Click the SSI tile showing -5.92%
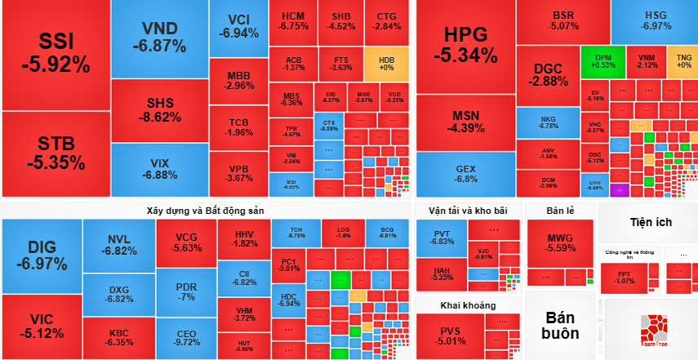tap(55, 52)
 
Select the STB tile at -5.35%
tap(55, 153)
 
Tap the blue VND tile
tap(158, 37)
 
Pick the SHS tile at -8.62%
tap(158, 109)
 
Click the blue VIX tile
tap(158, 168)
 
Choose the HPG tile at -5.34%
tap(465, 44)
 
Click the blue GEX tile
tap(465, 173)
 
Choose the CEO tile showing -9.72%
tap(186, 337)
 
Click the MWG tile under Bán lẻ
tap(561, 242)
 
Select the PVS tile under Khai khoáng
tap(450, 334)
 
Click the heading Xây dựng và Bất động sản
tap(206, 211)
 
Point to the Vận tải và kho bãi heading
tap(467, 211)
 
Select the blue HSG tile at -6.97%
tap(656, 20)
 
